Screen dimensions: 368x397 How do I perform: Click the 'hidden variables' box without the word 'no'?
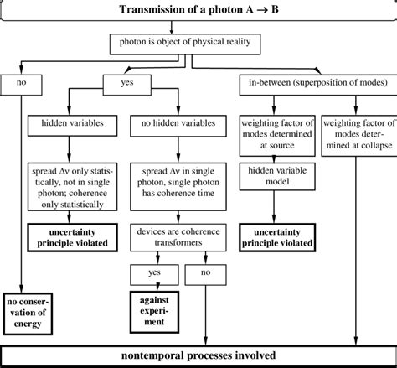pyautogui.click(x=67, y=122)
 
